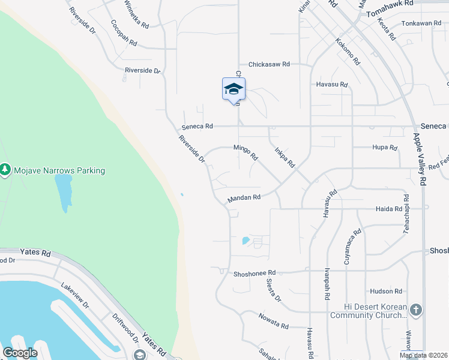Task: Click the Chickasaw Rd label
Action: tap(269, 64)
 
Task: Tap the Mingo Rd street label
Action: tap(246, 152)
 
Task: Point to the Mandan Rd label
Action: tap(244, 197)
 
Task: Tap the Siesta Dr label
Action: tap(273, 290)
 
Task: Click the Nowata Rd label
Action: tap(274, 321)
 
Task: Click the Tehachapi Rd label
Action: tap(406, 214)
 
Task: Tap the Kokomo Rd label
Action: tap(348, 52)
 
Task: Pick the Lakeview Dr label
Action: tap(76, 296)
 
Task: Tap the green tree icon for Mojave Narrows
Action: tap(5, 170)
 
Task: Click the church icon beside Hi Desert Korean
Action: tap(416, 310)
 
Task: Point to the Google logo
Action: tap(20, 353)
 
